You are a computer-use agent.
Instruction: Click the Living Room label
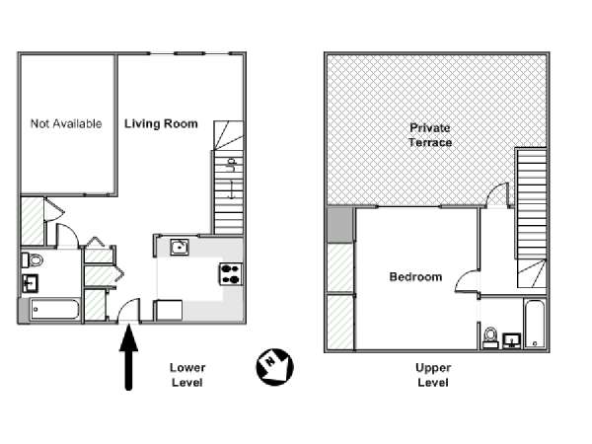tap(161, 124)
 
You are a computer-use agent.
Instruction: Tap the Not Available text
tap(66, 123)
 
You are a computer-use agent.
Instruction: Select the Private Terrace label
tap(430, 135)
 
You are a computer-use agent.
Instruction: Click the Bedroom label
tap(415, 276)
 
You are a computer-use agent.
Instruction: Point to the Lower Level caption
tap(187, 375)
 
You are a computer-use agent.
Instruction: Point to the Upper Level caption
tap(433, 375)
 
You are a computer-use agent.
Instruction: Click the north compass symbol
tap(275, 367)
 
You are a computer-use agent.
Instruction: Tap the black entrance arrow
tap(128, 357)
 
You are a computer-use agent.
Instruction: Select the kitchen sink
tap(180, 248)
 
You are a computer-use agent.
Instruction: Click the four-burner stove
tap(231, 274)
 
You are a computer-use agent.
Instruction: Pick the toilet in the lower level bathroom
tap(33, 259)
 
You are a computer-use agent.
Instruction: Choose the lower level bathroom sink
tap(30, 283)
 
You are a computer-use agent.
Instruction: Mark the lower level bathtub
tap(55, 310)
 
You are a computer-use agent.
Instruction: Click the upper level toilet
tap(490, 337)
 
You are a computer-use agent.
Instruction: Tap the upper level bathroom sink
tap(512, 340)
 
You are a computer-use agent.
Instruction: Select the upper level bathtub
tap(535, 324)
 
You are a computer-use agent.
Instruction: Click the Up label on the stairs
tap(231, 165)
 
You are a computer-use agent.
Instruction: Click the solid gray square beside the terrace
tap(339, 225)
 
